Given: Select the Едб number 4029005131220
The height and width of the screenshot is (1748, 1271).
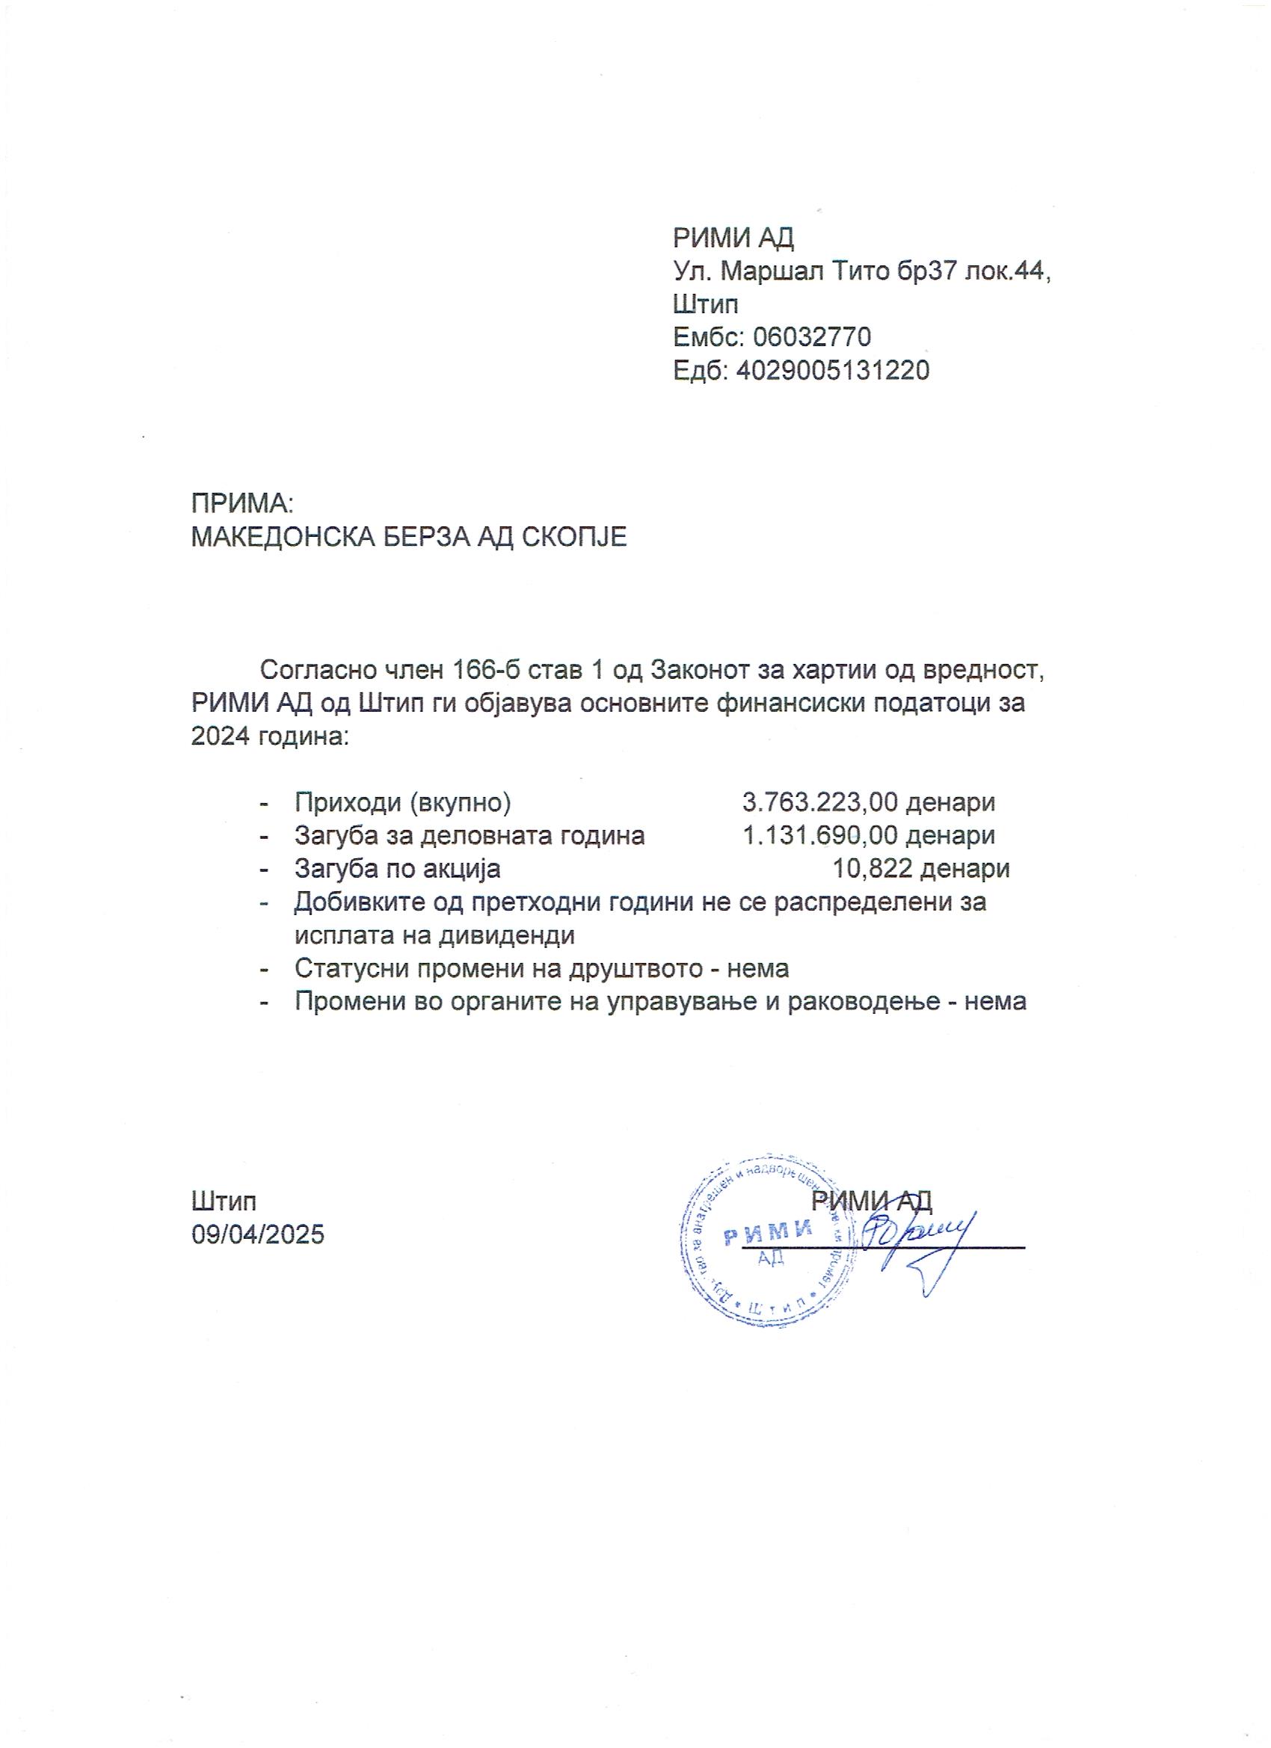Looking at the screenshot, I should click(x=832, y=371).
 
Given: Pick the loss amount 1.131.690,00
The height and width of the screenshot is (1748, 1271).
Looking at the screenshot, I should click(x=820, y=835).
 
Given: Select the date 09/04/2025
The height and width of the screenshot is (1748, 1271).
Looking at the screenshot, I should click(x=258, y=1234).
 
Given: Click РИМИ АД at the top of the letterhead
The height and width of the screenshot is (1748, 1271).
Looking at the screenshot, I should click(x=733, y=238).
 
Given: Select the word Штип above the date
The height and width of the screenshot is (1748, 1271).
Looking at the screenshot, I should click(x=224, y=1201).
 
